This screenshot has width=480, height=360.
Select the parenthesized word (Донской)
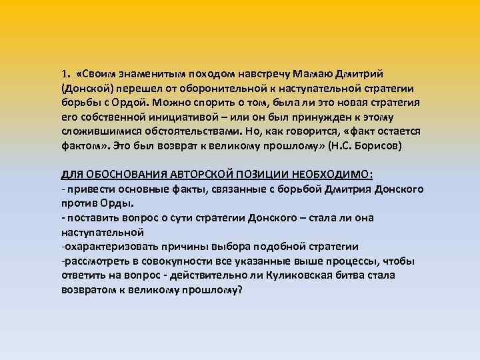86,88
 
